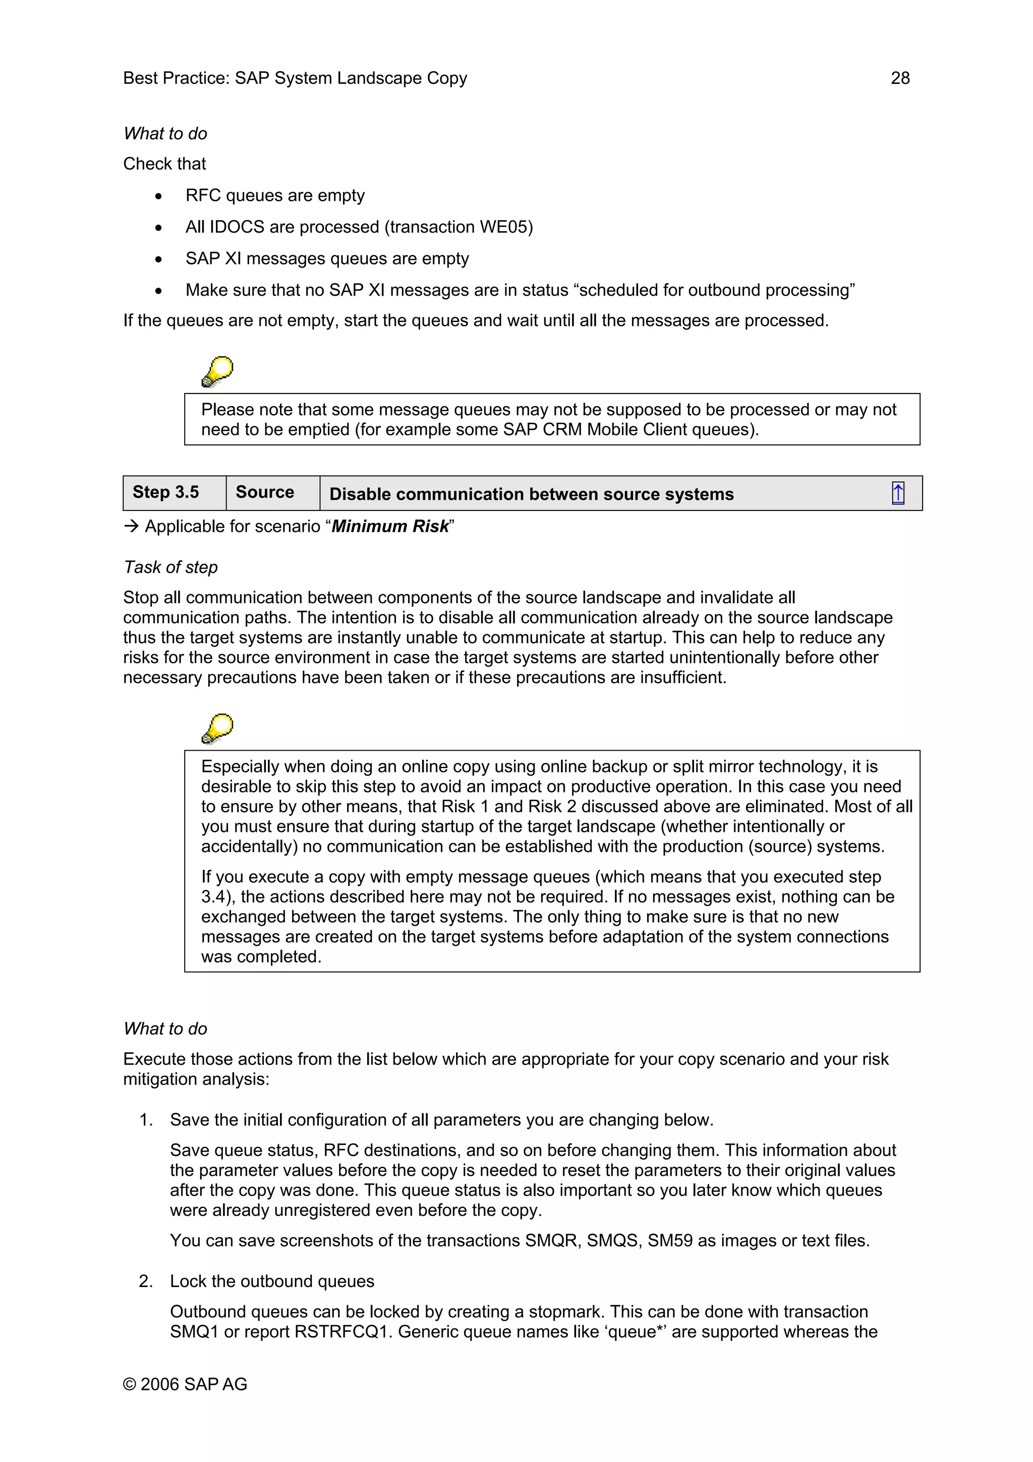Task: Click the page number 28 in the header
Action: [899, 78]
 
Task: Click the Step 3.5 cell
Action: [165, 492]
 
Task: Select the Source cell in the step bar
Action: [265, 492]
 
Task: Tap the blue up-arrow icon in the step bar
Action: [897, 493]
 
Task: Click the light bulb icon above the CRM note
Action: [217, 372]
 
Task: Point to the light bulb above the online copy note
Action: [217, 728]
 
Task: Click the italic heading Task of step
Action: [170, 568]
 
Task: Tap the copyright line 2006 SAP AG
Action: [185, 1384]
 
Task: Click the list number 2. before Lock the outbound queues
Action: [146, 1281]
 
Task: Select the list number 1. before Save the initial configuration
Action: [146, 1120]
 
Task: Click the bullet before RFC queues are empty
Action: [158, 196]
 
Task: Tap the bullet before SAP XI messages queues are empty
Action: [158, 259]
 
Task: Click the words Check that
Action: [164, 164]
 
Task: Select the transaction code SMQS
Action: [613, 1241]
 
